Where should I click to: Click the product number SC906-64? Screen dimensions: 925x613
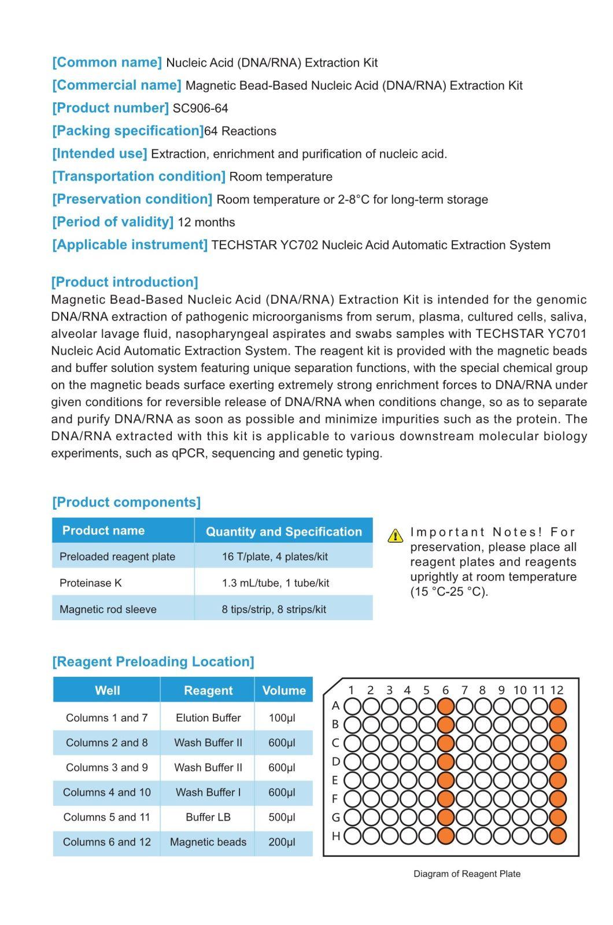click(200, 108)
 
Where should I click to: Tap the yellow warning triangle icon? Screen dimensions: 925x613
click(395, 536)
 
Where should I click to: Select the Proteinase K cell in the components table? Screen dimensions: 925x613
click(91, 583)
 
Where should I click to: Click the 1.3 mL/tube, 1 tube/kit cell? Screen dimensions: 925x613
click(275, 583)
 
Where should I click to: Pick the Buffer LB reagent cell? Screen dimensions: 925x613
click(208, 817)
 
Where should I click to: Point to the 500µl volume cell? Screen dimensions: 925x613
click(282, 817)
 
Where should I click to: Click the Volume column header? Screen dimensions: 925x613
click(283, 690)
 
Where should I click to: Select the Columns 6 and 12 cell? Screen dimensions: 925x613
click(107, 842)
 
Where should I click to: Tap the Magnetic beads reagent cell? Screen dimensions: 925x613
click(208, 842)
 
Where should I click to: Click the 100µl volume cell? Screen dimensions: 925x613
click(282, 718)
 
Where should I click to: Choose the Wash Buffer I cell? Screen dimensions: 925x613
click(208, 793)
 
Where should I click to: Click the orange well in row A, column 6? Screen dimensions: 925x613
click(445, 706)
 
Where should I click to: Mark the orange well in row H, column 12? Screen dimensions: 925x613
click(557, 836)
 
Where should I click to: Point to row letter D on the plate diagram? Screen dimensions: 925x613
click(335, 761)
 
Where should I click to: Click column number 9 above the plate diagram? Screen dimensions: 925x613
click(501, 690)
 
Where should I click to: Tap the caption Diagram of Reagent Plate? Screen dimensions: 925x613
click(467, 874)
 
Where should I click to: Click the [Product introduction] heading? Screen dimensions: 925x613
click(124, 282)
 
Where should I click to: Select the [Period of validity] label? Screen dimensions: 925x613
click(113, 222)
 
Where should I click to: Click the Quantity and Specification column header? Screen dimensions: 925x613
click(283, 532)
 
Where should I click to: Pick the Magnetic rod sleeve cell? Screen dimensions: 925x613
click(108, 609)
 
